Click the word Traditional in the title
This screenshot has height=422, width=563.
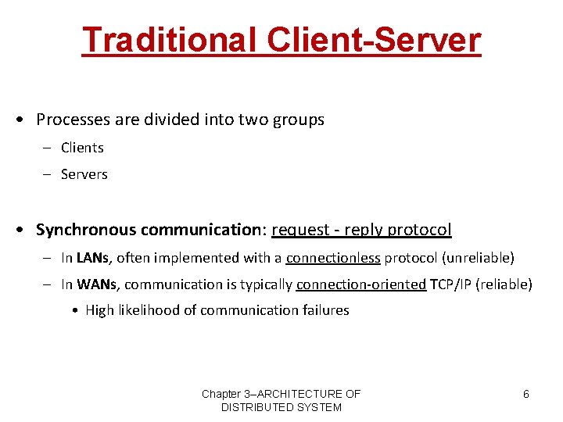(x=170, y=40)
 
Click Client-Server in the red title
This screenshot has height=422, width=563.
(x=373, y=40)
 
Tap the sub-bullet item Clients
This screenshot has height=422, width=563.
(x=82, y=148)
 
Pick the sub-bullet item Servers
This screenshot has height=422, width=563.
(x=84, y=174)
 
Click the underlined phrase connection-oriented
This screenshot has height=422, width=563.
(x=361, y=284)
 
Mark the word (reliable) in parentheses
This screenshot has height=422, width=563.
(x=506, y=284)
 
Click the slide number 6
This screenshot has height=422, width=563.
(x=525, y=394)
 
